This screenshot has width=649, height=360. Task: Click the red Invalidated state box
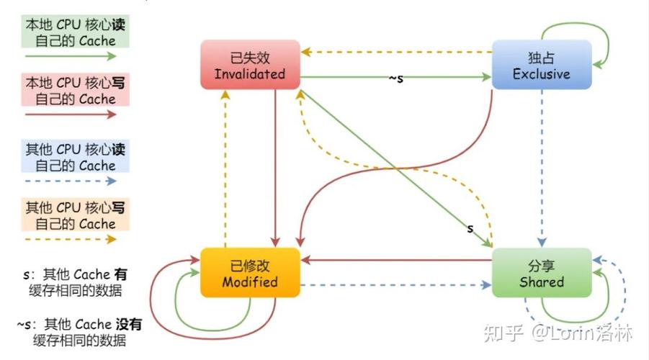[x=249, y=65]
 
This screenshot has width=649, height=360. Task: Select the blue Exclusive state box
[x=541, y=65]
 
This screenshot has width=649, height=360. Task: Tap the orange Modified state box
[x=249, y=272]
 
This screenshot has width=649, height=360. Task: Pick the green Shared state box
[x=541, y=272]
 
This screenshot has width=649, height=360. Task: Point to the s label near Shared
[x=470, y=229]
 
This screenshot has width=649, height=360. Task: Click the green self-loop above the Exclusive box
[x=576, y=26]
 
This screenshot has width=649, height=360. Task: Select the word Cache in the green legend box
[x=97, y=41]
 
